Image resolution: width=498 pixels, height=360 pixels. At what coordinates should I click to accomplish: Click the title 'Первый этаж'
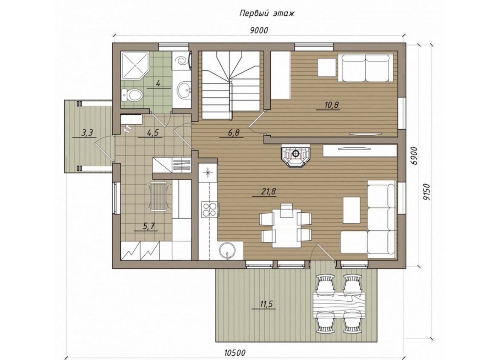267,14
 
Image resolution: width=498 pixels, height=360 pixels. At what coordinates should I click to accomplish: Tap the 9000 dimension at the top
259,31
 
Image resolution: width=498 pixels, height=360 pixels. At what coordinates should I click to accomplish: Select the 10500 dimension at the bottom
235,353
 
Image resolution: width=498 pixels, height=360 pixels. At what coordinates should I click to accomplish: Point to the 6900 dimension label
413,156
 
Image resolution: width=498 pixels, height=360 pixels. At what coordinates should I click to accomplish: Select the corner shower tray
135,66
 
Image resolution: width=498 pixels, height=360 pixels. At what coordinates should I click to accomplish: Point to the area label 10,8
331,105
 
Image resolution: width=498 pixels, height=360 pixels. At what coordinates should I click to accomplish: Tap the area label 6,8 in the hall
233,133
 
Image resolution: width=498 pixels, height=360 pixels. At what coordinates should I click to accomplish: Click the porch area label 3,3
87,133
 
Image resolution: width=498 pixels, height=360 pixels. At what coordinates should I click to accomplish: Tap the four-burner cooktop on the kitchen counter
209,209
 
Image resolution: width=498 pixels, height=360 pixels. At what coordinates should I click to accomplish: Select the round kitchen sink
227,251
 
